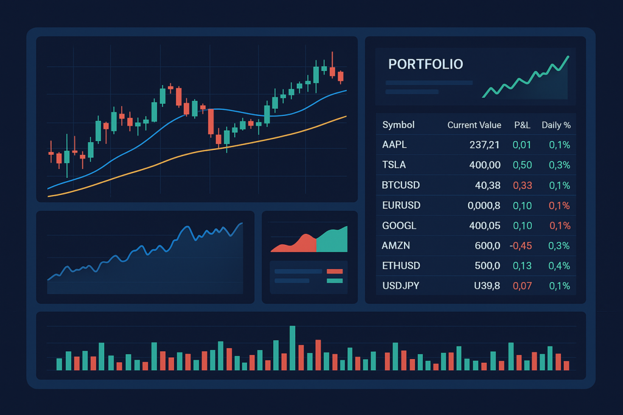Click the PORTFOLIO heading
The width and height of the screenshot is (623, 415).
(x=425, y=64)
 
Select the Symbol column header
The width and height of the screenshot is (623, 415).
(x=399, y=125)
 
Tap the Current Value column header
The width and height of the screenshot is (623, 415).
(x=474, y=125)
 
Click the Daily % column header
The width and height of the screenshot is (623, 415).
(x=556, y=125)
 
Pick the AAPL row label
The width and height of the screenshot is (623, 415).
(x=394, y=145)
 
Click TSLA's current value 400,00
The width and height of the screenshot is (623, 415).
(x=485, y=165)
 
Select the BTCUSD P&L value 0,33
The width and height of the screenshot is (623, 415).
(x=521, y=185)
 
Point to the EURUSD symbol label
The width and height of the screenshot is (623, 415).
(x=401, y=205)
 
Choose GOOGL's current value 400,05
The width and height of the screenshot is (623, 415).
(x=485, y=225)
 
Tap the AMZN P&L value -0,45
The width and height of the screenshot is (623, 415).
(x=520, y=245)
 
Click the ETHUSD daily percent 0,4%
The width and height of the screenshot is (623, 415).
(x=559, y=266)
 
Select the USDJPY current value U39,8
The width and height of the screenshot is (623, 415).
(x=486, y=286)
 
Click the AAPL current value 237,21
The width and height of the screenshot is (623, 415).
(x=485, y=145)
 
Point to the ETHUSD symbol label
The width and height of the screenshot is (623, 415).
(x=401, y=266)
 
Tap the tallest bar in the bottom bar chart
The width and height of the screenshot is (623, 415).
(x=293, y=348)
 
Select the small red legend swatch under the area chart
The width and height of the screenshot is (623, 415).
(x=335, y=271)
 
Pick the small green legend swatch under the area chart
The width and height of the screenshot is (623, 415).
(x=335, y=280)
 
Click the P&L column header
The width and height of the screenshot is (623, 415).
(x=522, y=125)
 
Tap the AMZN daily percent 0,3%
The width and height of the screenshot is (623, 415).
(x=559, y=245)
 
